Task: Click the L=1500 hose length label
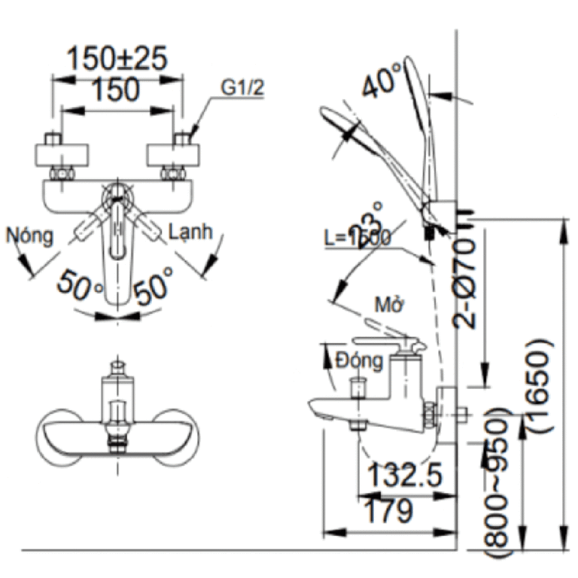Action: pos(357,238)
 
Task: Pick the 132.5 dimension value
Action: pos(404,476)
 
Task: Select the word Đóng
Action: pos(359,360)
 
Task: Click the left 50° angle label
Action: pos(83,287)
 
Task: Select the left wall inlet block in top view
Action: pos(64,156)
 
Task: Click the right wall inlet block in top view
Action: pos(175,156)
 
